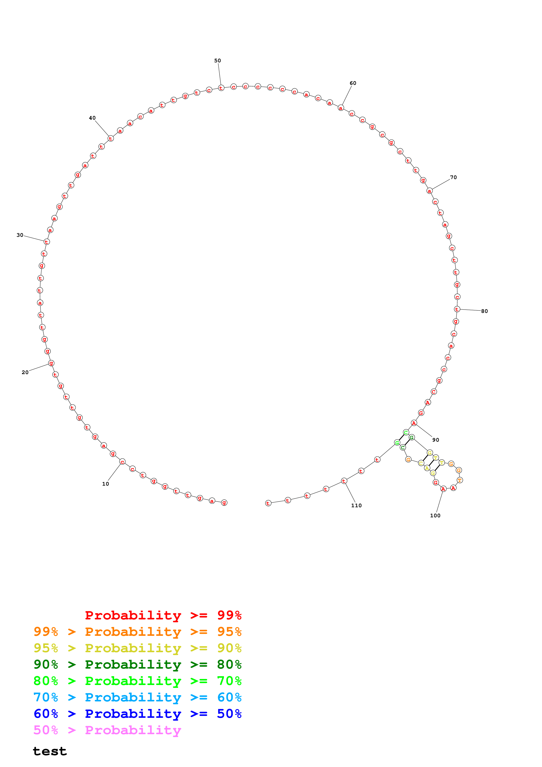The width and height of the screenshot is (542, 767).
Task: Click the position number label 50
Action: [217, 61]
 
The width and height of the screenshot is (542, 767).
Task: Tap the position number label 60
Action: [353, 83]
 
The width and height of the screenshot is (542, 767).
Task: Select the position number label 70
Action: [453, 177]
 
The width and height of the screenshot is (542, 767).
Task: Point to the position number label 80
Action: [484, 311]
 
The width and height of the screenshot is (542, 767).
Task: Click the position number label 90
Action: [436, 440]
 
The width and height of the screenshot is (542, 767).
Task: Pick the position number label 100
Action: [435, 516]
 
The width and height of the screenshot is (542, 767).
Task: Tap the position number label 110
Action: [356, 506]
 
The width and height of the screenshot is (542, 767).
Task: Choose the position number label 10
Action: [106, 484]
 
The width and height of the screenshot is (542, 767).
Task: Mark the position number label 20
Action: [25, 372]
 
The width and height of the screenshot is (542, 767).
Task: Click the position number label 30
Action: [20, 235]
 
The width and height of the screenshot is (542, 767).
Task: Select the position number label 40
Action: [92, 118]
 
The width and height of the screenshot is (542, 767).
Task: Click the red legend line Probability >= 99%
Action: [163, 615]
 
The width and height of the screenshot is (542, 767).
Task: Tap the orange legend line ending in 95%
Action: [137, 631]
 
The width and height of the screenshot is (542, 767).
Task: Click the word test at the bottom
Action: [50, 751]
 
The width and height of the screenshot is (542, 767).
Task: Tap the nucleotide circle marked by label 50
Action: [221, 88]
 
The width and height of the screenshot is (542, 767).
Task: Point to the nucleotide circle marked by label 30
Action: [46, 242]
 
